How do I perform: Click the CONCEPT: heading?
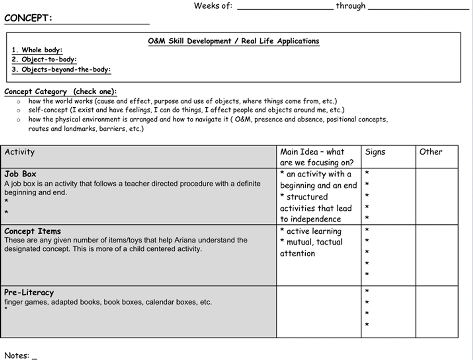(28, 18)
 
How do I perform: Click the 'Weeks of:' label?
(213, 6)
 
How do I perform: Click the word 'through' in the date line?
(351, 6)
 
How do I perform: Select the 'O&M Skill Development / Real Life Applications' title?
(233, 41)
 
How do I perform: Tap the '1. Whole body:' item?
(37, 50)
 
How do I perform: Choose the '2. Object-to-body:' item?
(44, 60)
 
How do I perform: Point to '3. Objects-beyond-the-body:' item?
(61, 70)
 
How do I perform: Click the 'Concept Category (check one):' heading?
(60, 92)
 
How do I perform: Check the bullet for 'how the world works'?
(18, 102)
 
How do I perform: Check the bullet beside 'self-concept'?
(18, 111)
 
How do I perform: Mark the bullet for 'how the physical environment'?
(18, 120)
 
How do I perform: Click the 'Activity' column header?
(20, 152)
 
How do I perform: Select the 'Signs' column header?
(375, 152)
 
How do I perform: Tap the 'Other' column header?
(430, 152)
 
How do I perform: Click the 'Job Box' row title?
(20, 174)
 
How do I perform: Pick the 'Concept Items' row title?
(33, 231)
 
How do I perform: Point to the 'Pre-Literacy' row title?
(29, 293)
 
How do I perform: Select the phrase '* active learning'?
(311, 231)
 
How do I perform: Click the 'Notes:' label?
(17, 355)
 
